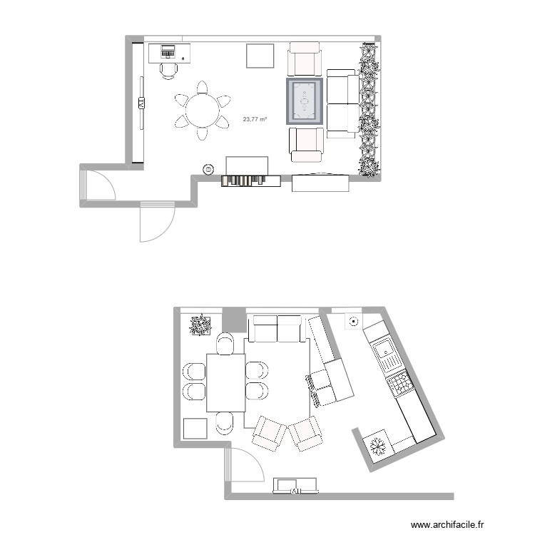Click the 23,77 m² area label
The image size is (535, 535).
pos(255,121)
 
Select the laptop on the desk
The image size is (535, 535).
pos(168,51)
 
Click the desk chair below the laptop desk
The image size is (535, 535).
pos(169,69)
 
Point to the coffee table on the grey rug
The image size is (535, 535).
pos(305,102)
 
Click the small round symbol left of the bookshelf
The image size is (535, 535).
pos(208,170)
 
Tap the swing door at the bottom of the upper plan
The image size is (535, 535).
pos(157,223)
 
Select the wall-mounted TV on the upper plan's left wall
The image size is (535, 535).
pos(141,103)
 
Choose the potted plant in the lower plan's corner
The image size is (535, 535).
pos(200,325)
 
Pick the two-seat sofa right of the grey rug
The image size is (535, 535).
pos(342,104)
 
